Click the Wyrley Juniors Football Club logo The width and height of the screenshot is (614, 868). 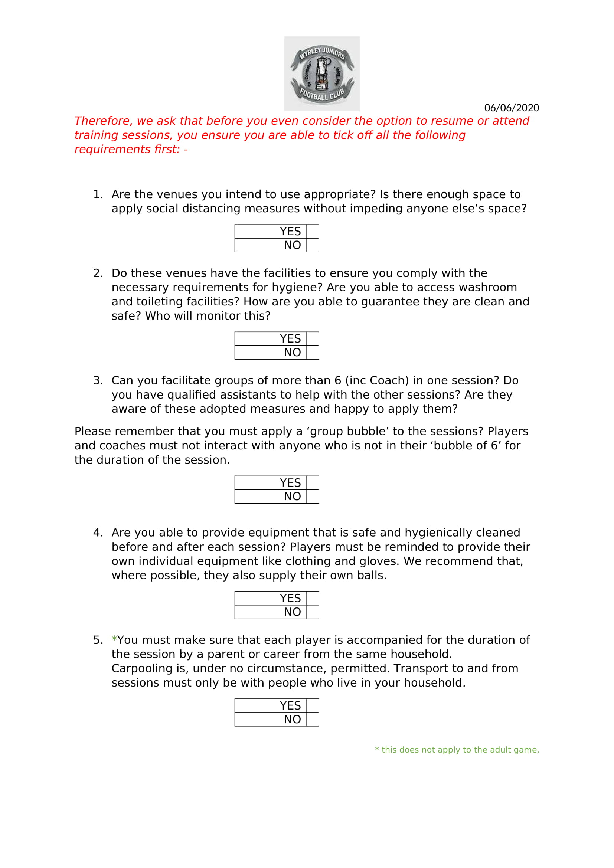pyautogui.click(x=321, y=74)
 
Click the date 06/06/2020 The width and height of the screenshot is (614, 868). pyautogui.click(x=511, y=108)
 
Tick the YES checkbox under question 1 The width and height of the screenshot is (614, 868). pyautogui.click(x=312, y=231)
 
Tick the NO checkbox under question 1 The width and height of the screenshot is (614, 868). pyautogui.click(x=312, y=245)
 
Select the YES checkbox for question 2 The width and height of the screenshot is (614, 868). pyautogui.click(x=312, y=338)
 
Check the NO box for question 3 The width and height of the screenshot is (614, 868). pyautogui.click(x=312, y=497)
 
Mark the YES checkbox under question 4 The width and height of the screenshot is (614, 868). pyautogui.click(x=312, y=598)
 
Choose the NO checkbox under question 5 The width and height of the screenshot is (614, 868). pyautogui.click(x=312, y=719)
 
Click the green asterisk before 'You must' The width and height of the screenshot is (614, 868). pyautogui.click(x=114, y=640)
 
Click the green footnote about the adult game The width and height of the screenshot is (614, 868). pyautogui.click(x=457, y=750)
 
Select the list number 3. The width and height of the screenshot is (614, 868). pyautogui.click(x=97, y=381)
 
